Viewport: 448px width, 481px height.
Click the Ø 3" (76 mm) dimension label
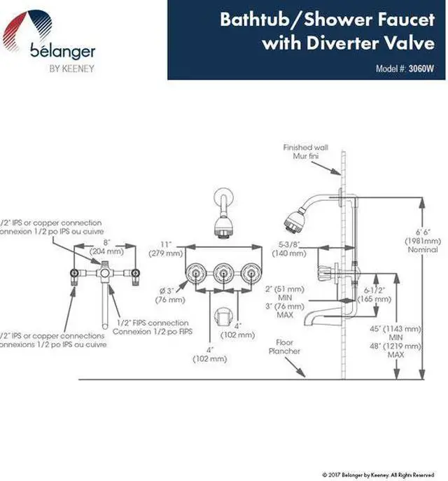[171, 295]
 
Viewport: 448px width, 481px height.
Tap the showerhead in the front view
[223, 224]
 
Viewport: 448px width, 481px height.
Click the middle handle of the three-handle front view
[223, 274]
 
